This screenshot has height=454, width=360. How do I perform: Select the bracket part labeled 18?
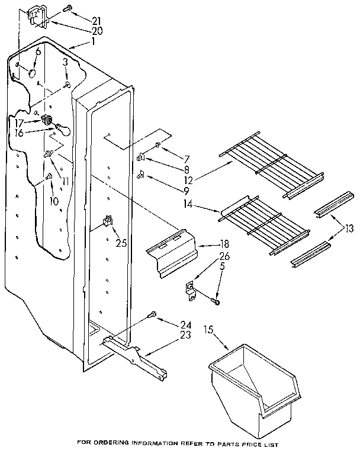point(172,252)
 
